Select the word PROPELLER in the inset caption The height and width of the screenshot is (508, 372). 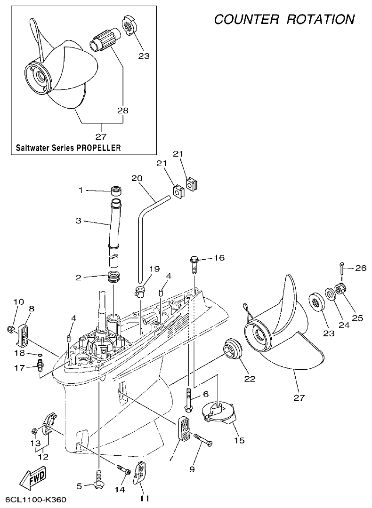(x=98, y=148)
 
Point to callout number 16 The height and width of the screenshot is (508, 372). (x=219, y=258)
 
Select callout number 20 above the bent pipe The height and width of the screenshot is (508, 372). (x=137, y=178)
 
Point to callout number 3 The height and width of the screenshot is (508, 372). (x=79, y=220)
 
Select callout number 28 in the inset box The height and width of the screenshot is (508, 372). (x=123, y=111)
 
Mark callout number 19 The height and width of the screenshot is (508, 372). (x=155, y=270)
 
